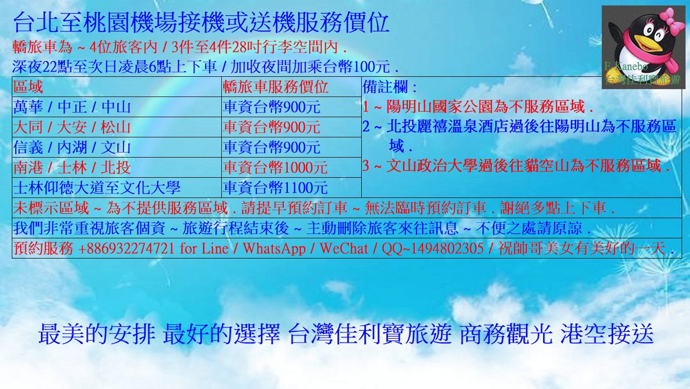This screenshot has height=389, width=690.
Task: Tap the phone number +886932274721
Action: tap(126, 248)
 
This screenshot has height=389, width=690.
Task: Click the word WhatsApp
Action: tap(274, 249)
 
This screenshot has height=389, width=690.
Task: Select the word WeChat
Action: tap(344, 248)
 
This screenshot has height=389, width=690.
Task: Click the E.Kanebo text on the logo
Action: tap(625, 66)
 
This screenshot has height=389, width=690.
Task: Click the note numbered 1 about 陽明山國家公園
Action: tap(477, 107)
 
